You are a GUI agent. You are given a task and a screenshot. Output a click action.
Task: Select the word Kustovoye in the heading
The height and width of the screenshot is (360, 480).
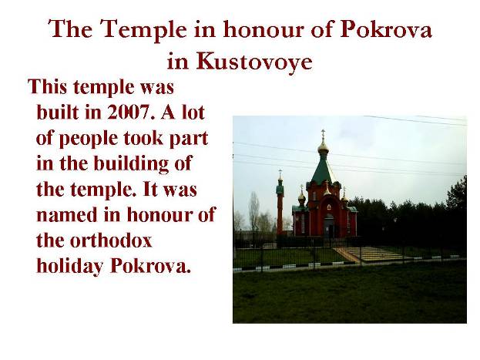pos(254,61)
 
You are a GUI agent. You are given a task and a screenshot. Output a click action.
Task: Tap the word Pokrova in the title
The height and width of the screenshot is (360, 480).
pos(386,29)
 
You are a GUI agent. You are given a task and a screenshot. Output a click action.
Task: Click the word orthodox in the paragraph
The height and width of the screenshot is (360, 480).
pos(111,241)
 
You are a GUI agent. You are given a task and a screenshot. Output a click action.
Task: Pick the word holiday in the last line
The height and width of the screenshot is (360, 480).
pos(69,267)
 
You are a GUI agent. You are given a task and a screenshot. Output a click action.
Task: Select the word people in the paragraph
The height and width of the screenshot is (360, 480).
pos(89,140)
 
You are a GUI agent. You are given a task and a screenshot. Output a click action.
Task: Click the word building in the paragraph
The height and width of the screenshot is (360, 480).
pos(131,164)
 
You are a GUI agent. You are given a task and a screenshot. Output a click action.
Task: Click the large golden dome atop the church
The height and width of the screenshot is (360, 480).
pos(323,147)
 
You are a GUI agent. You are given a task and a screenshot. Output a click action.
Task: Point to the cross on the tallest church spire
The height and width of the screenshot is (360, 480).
pos(323,134)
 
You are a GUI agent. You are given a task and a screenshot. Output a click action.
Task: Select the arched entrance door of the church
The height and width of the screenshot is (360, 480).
pos(329,226)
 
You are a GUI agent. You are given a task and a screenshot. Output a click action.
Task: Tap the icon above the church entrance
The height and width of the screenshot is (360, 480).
pos(329,207)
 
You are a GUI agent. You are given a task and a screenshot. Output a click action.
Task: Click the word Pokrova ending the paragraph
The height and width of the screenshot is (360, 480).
pos(150,266)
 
